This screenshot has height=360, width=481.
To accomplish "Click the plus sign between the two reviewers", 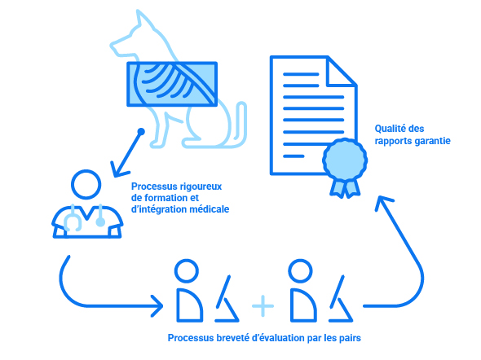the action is [x=263, y=305].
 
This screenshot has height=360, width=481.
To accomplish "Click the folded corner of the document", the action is [x=342, y=71].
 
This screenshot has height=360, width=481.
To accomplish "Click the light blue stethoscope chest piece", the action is [x=100, y=222].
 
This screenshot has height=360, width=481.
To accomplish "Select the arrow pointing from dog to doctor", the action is [x=126, y=153].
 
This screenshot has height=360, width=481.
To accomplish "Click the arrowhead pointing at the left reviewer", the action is [x=157, y=305].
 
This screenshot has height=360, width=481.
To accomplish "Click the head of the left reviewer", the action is [x=187, y=271].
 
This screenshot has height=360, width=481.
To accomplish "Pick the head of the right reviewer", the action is [x=300, y=271].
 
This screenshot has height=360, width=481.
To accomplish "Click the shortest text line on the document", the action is [x=293, y=156].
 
